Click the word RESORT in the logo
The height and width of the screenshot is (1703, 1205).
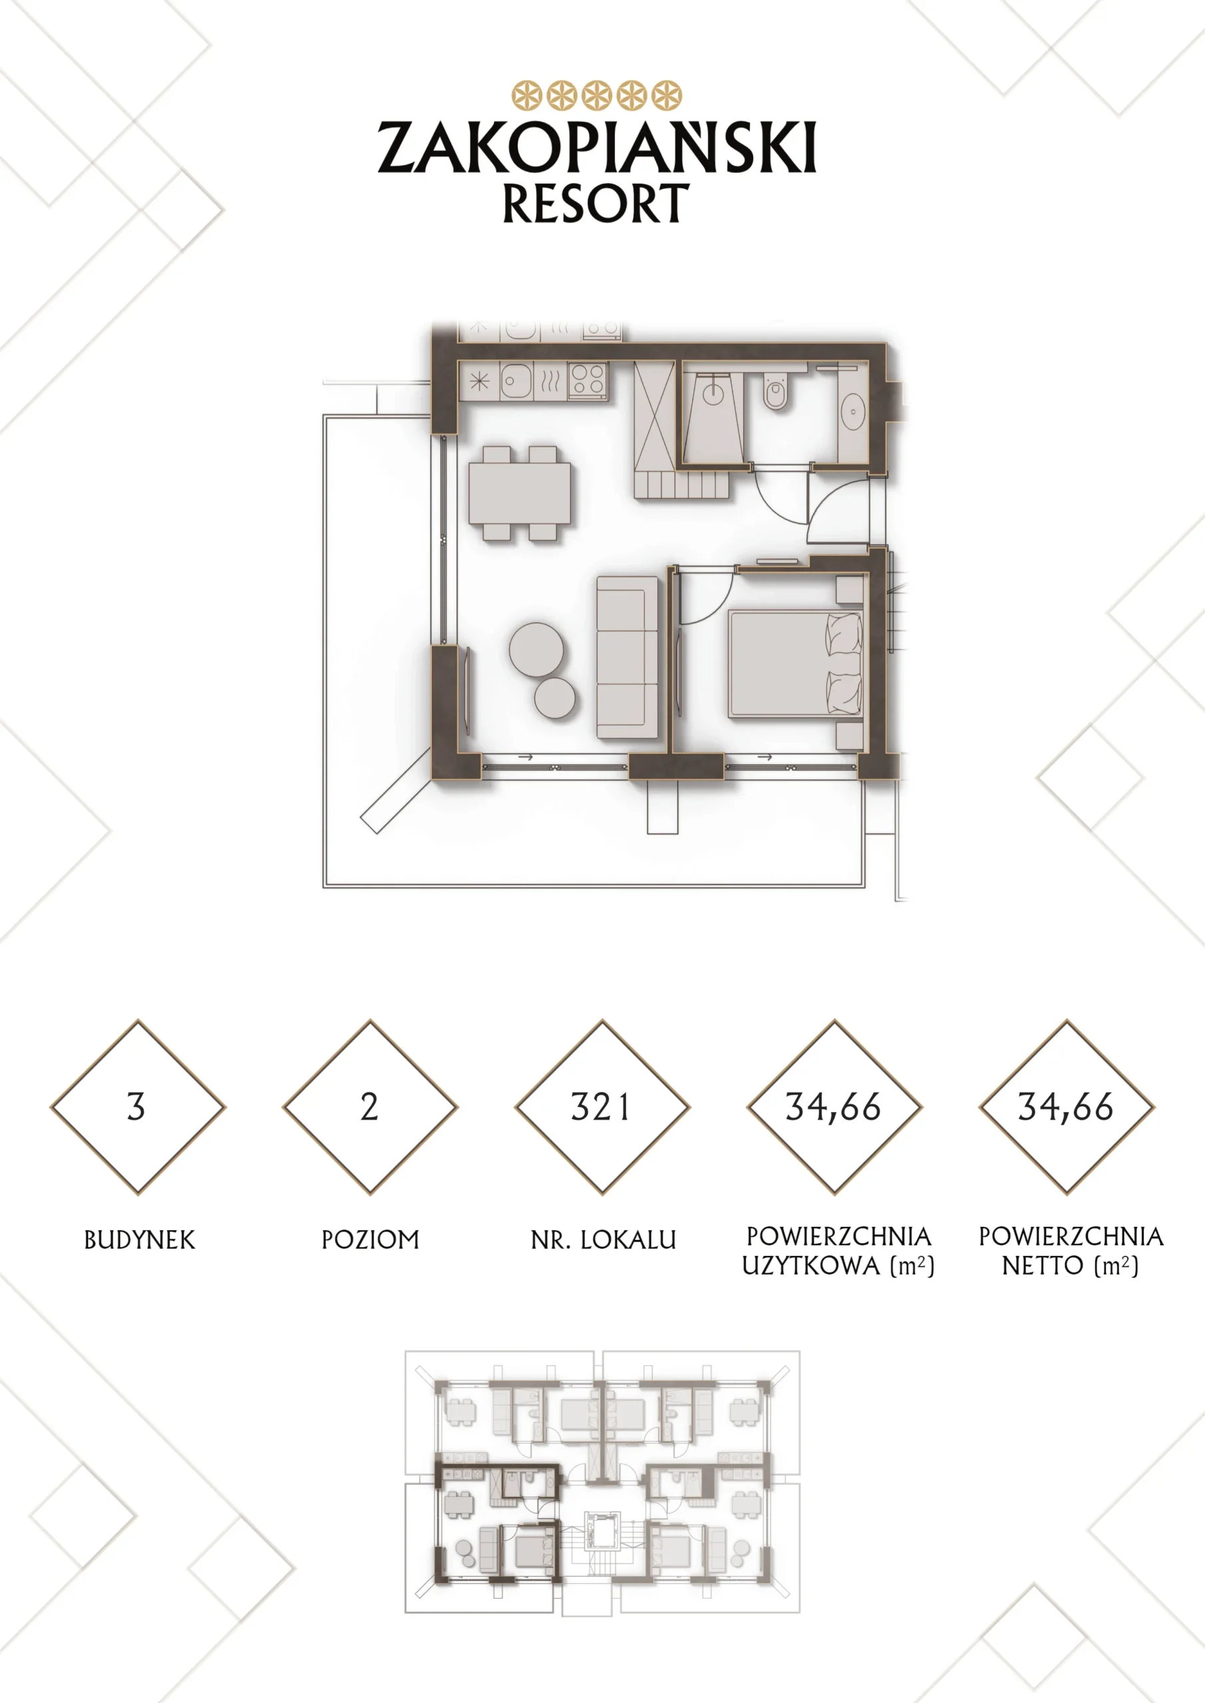[x=596, y=204]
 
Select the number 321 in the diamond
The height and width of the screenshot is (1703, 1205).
[x=601, y=1107]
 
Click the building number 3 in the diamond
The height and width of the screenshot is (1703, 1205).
[x=136, y=1107]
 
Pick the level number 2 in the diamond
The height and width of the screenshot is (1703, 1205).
[x=369, y=1107]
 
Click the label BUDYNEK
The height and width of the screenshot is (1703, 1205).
[x=140, y=1240]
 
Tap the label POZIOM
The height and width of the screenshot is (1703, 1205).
[x=370, y=1240]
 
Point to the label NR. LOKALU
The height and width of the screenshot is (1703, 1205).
[x=603, y=1240]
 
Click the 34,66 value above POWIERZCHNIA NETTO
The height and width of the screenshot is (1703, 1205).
[x=1065, y=1108]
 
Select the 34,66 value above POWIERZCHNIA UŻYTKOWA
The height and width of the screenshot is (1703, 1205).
[x=833, y=1108]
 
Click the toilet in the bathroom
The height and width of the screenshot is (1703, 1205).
[x=775, y=392]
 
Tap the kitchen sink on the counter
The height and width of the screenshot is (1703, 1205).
[x=516, y=381]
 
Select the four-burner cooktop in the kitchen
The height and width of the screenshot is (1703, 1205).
[x=588, y=381]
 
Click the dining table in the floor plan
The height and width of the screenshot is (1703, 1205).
[x=520, y=493]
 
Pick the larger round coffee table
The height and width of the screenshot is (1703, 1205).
[x=536, y=650]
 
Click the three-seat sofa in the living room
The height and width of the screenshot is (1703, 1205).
[x=627, y=658]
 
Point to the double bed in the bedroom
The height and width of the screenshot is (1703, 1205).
[x=794, y=664]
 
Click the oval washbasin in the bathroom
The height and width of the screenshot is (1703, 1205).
[x=853, y=410]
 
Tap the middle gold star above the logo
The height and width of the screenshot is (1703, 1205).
[x=597, y=96]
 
